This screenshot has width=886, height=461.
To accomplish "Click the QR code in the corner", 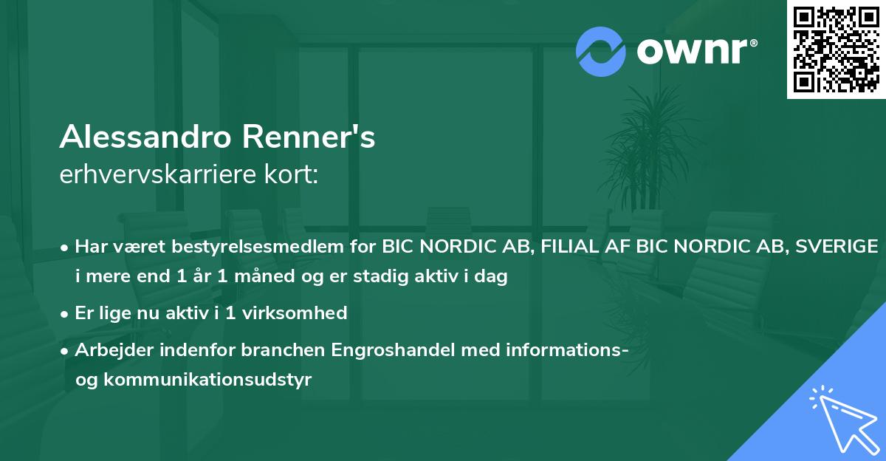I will (837, 49).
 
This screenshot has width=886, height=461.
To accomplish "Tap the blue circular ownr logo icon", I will (601, 51).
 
